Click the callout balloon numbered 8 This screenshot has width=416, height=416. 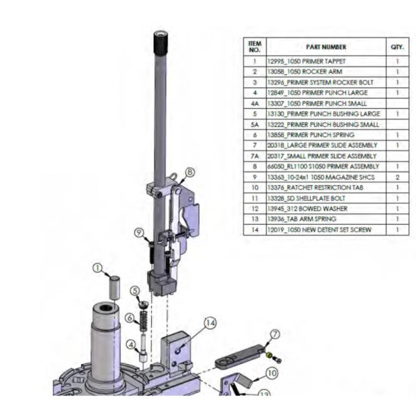[190, 173]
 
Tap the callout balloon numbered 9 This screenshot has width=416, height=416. [139, 233]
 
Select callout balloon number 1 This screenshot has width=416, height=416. [98, 268]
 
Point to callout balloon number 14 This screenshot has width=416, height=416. [210, 323]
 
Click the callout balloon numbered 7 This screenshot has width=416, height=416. [275, 334]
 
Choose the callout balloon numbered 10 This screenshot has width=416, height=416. [272, 373]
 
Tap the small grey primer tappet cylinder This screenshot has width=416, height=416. [115, 287]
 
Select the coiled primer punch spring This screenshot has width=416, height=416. [144, 320]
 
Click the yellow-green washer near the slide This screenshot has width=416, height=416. [268, 355]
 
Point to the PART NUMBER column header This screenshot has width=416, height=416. [326, 47]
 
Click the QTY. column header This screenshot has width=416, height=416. [397, 47]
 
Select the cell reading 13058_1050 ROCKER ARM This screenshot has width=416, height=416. [305, 71]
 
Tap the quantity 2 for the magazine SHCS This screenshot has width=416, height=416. [397, 177]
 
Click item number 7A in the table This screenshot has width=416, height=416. [254, 156]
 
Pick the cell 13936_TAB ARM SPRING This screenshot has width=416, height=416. [302, 219]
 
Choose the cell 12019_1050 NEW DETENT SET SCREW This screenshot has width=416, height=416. [319, 229]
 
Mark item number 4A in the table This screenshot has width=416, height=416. [254, 103]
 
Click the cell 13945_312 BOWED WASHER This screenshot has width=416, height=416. [307, 209]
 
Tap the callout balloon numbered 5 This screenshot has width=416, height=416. [135, 291]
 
